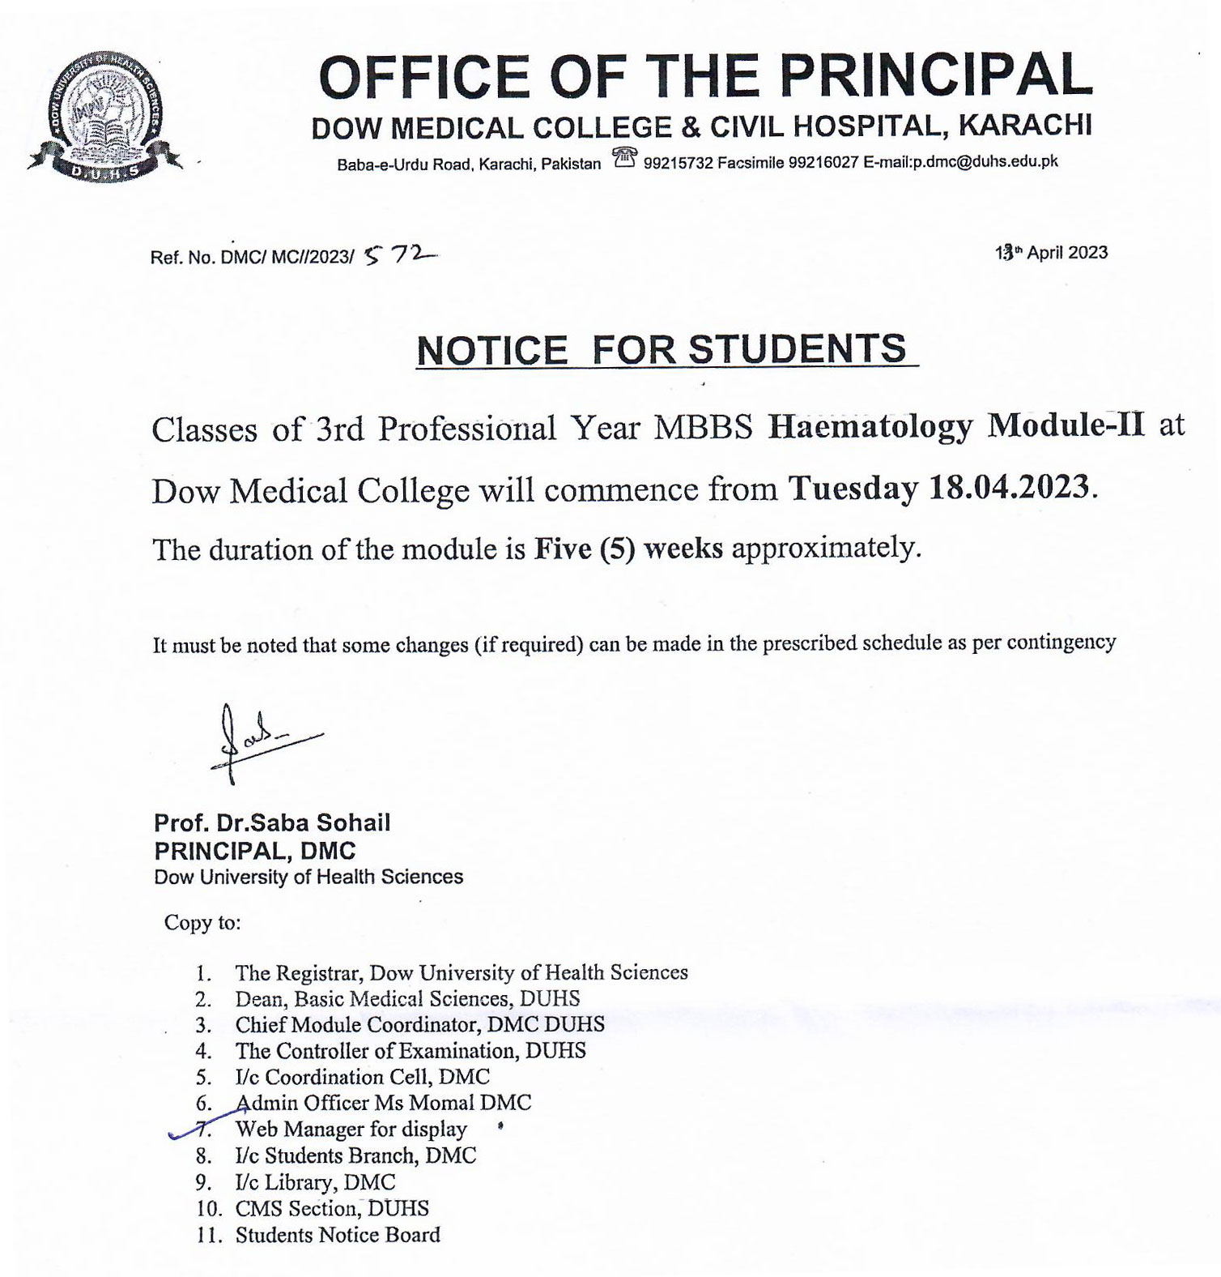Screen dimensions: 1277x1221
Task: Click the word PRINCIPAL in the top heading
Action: tap(936, 76)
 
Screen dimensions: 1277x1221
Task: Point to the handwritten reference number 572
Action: tap(398, 255)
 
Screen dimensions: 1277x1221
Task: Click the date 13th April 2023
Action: tap(1051, 253)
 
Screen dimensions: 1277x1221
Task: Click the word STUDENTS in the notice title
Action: tap(797, 349)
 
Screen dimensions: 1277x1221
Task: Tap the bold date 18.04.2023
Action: tap(1011, 488)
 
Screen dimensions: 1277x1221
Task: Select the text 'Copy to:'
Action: tap(202, 923)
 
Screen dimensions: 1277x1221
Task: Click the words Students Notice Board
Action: tap(338, 1235)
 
